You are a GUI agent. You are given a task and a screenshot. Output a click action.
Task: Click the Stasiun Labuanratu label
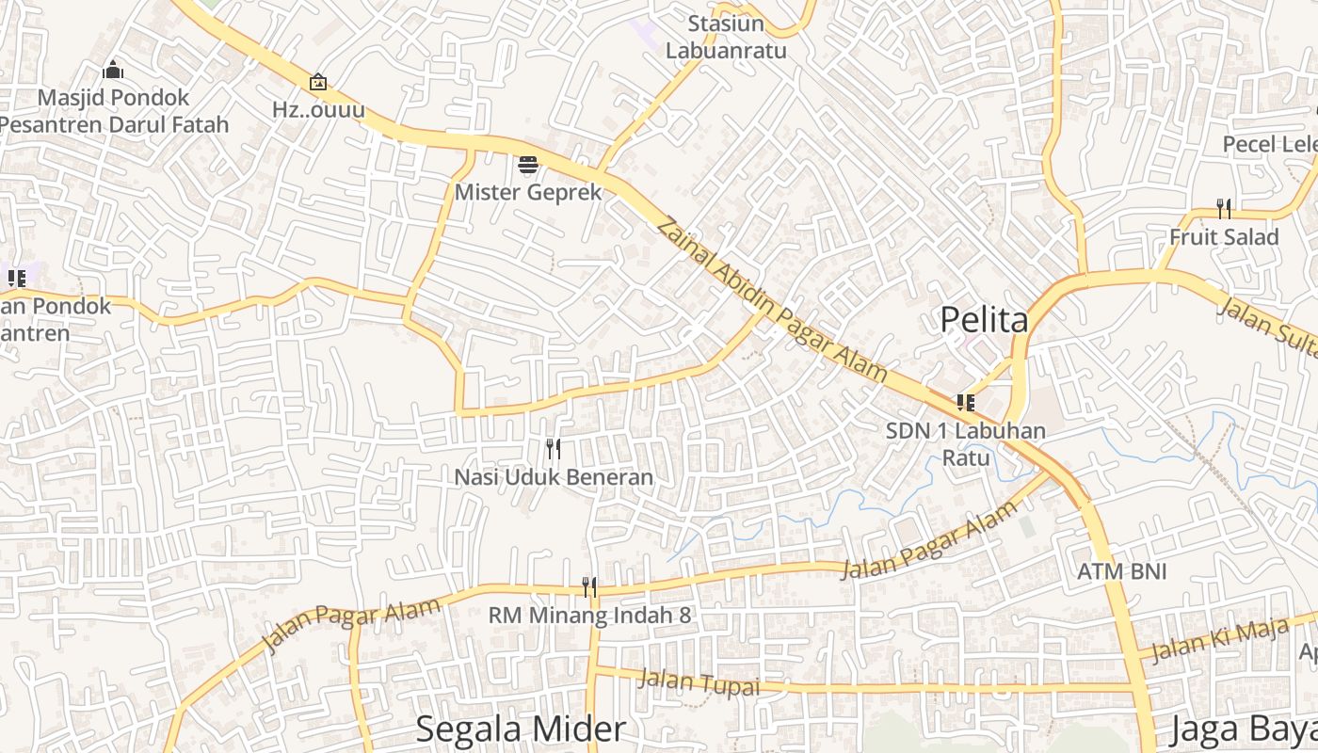pyautogui.click(x=726, y=37)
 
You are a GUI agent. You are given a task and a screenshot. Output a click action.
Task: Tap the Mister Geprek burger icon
pyautogui.click(x=528, y=166)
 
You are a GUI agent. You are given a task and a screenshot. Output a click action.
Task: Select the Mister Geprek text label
pyautogui.click(x=528, y=192)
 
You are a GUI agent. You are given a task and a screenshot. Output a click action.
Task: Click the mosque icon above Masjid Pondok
pyautogui.click(x=113, y=70)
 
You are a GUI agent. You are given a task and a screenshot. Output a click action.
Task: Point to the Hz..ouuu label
pyautogui.click(x=318, y=109)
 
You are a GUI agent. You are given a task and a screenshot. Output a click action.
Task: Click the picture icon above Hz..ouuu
pyautogui.click(x=318, y=83)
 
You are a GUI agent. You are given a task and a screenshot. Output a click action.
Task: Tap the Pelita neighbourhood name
pyautogui.click(x=984, y=320)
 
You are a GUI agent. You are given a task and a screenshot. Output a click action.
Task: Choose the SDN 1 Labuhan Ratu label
pyautogui.click(x=966, y=444)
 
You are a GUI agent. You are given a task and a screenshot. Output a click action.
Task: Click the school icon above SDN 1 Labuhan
pyautogui.click(x=965, y=403)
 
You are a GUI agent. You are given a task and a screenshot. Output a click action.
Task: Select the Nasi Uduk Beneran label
pyautogui.click(x=554, y=477)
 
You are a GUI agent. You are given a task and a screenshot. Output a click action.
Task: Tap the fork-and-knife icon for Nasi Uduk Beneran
pyautogui.click(x=554, y=449)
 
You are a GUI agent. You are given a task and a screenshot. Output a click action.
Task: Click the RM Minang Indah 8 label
pyautogui.click(x=589, y=616)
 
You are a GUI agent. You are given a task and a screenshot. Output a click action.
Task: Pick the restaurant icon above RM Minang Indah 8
pyautogui.click(x=589, y=587)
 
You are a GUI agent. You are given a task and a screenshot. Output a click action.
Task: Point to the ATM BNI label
pyautogui.click(x=1122, y=571)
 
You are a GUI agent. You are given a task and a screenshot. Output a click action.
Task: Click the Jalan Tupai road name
pyautogui.click(x=699, y=682)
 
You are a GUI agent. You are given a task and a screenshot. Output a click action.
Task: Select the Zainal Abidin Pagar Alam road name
pyautogui.click(x=772, y=299)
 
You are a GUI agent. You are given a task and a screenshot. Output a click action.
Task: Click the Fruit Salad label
pyautogui.click(x=1224, y=237)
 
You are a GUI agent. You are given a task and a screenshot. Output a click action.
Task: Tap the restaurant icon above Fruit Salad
pyautogui.click(x=1224, y=207)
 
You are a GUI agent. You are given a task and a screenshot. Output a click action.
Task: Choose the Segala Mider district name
pyautogui.click(x=521, y=729)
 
